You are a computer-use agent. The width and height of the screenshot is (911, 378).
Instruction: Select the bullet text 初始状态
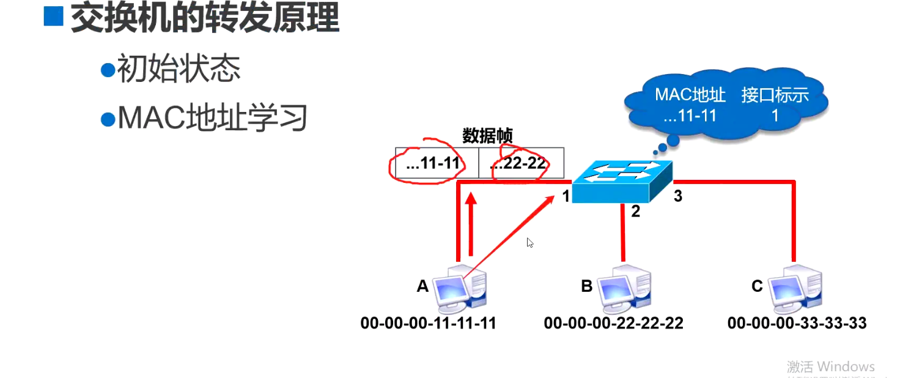[x=178, y=69]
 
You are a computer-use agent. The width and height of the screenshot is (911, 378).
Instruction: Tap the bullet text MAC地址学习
[x=212, y=117]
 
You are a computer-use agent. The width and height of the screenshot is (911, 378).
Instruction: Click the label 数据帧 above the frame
[x=487, y=136]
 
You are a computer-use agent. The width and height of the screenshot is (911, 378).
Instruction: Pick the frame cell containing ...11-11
[x=436, y=164]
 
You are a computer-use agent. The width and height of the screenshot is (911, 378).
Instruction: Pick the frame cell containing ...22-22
[x=520, y=164]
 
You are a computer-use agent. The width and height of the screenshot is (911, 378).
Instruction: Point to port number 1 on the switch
[x=566, y=196]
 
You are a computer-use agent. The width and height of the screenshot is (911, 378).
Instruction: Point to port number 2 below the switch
[x=635, y=212]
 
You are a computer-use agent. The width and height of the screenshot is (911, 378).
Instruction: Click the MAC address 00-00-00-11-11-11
[x=428, y=323]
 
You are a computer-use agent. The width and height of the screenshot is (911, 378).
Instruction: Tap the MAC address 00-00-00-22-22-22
[x=613, y=323]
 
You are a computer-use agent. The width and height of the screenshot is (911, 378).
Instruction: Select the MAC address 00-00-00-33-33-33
[x=797, y=323]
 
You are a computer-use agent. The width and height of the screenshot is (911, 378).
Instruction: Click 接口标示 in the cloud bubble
[x=775, y=95]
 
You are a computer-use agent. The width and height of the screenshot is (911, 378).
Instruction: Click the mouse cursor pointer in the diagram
[x=529, y=242]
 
